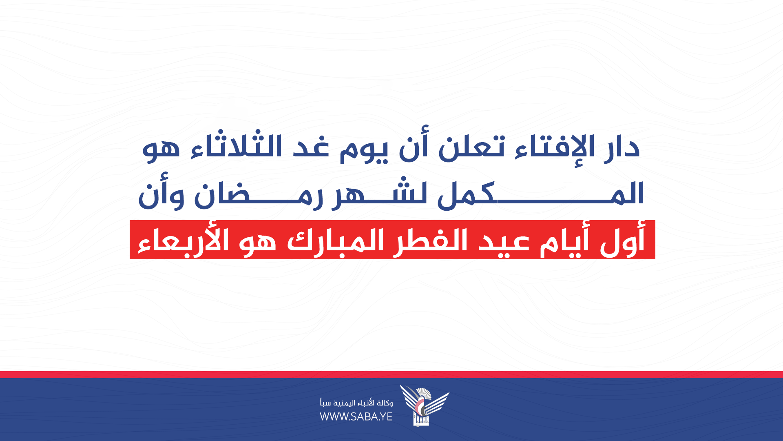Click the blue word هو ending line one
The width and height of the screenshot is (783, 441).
click(161, 149)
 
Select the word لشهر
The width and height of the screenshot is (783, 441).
click(379, 194)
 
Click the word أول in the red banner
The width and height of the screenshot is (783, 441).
click(622, 241)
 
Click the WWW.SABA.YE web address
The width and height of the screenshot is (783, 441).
click(356, 416)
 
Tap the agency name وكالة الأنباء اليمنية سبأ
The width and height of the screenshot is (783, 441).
click(356, 403)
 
